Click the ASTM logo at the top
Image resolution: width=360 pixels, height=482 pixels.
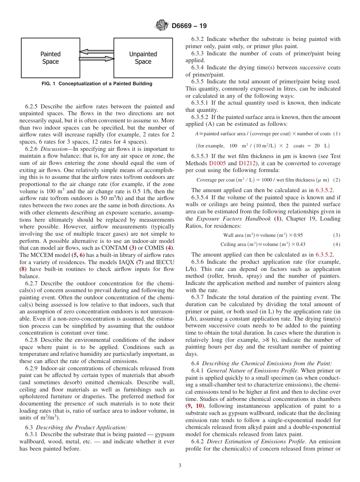click(x=162, y=26)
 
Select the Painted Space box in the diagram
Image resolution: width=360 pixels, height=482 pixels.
click(x=50, y=58)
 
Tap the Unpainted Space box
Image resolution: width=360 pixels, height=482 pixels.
click(x=143, y=58)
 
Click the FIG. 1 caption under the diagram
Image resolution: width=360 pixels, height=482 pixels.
click(x=97, y=84)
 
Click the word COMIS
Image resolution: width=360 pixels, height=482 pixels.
click(x=155, y=248)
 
